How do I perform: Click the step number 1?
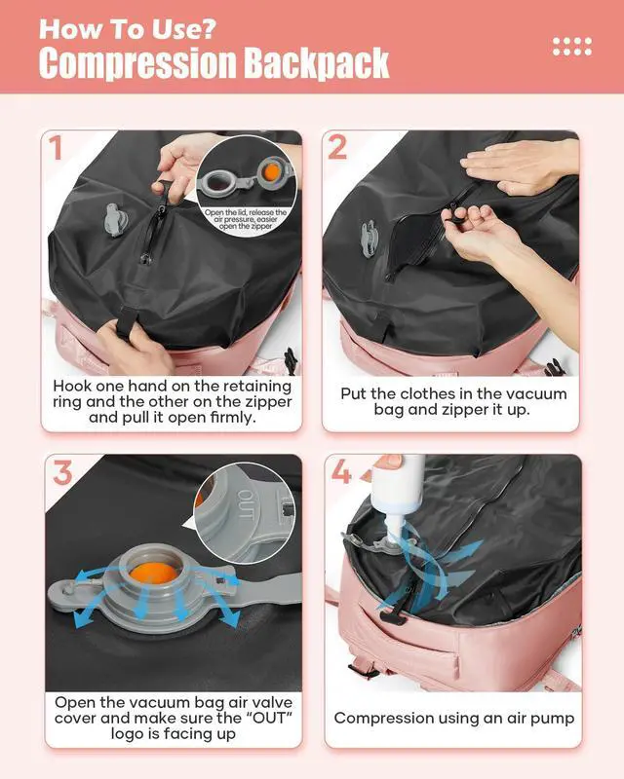point(56,148)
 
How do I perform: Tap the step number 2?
point(337,148)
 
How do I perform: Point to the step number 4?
point(342,473)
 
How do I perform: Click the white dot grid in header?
point(571,45)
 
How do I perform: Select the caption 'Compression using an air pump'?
point(454,718)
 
